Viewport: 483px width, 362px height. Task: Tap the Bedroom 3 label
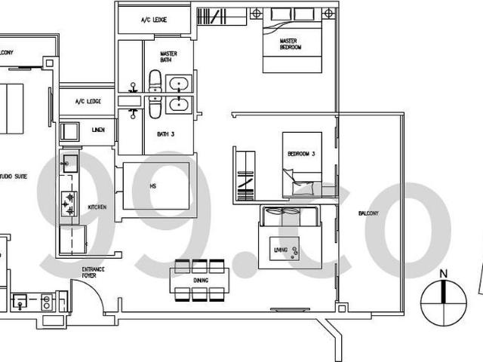click(300, 153)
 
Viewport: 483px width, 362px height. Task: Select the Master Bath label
click(169, 57)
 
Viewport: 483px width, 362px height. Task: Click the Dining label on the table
click(200, 280)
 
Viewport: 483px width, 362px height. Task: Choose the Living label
click(281, 248)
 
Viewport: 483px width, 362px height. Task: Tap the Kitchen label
click(97, 207)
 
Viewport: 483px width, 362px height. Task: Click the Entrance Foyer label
click(93, 272)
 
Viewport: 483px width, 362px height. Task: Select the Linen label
click(98, 130)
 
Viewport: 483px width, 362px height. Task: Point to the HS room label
click(153, 186)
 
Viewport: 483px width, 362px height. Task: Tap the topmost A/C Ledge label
click(154, 20)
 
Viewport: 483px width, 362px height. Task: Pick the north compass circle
click(445, 302)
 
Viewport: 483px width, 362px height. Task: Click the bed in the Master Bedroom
click(293, 45)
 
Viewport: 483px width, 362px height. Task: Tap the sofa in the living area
click(291, 217)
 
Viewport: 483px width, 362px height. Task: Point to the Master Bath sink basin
click(180, 82)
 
